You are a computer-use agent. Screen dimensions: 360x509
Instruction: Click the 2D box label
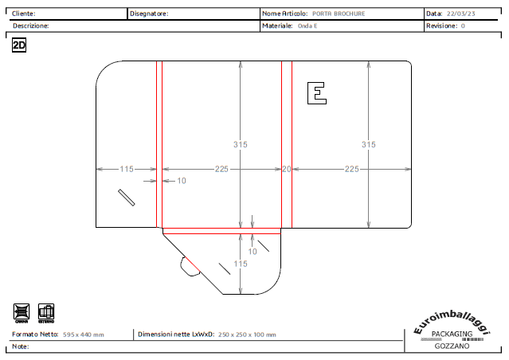click(20, 46)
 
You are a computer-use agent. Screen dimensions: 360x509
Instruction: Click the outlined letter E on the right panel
click(317, 93)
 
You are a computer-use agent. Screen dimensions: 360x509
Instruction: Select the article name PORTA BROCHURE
click(339, 14)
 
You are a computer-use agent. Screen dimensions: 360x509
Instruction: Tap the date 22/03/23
click(461, 14)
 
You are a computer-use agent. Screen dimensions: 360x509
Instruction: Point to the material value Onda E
click(307, 26)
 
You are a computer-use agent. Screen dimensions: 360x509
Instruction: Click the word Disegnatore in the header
click(149, 14)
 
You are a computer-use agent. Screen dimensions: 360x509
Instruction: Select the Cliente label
click(23, 14)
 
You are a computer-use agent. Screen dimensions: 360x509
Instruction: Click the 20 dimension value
click(287, 169)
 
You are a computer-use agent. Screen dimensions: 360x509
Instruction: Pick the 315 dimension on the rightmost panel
click(368, 145)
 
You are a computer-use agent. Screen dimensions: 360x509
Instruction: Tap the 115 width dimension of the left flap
click(126, 169)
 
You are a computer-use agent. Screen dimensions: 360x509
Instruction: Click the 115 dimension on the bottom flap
click(241, 264)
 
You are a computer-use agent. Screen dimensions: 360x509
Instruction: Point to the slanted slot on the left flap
click(127, 198)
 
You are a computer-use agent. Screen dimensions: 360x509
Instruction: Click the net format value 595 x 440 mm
click(84, 335)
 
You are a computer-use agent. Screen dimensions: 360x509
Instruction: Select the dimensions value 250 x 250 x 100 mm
click(248, 335)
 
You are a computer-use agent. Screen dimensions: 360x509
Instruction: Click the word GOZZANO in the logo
click(452, 346)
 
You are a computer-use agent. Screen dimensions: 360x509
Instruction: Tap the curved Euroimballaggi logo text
click(452, 321)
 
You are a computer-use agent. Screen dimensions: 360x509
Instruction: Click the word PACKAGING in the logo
click(452, 335)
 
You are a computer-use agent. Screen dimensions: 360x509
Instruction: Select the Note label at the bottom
click(21, 347)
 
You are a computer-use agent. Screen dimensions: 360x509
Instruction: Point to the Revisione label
click(441, 26)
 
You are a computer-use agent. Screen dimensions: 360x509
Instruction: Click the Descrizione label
click(30, 26)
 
